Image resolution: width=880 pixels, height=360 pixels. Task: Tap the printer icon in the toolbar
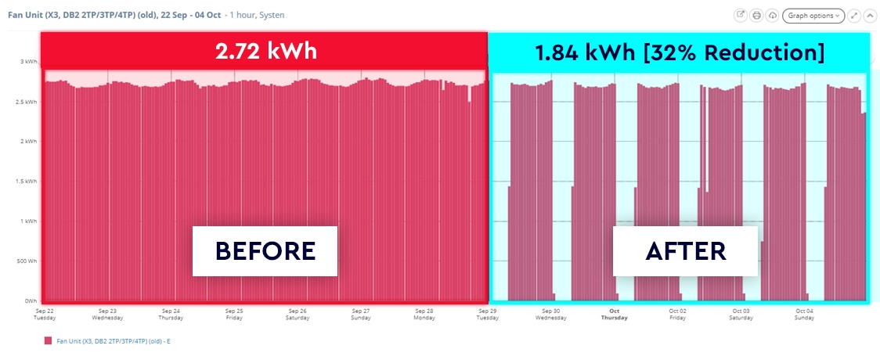(x=756, y=15)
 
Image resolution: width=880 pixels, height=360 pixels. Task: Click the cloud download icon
(x=772, y=15)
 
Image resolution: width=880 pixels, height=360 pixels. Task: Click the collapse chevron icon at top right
(x=869, y=15)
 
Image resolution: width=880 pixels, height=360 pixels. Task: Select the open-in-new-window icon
(x=741, y=15)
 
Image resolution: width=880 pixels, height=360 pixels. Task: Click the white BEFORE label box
(x=265, y=251)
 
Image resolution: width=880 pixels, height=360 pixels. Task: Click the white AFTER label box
(x=685, y=251)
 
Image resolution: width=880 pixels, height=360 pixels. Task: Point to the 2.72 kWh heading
(x=265, y=52)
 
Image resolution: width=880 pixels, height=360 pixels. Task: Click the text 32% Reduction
(x=756, y=52)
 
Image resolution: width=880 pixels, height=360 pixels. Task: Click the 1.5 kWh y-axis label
(x=27, y=181)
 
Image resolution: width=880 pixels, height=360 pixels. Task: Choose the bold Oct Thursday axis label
(x=614, y=314)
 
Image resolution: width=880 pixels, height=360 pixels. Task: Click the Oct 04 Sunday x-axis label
(x=805, y=314)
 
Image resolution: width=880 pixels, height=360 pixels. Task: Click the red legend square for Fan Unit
(x=49, y=341)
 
